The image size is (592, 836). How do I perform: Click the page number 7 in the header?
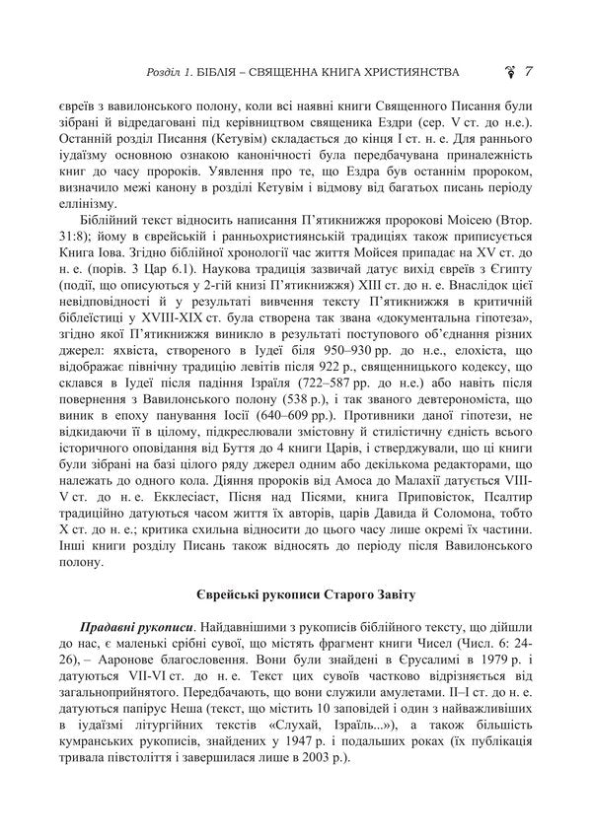tap(531, 72)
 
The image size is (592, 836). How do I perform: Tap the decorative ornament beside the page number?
tap(511, 72)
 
